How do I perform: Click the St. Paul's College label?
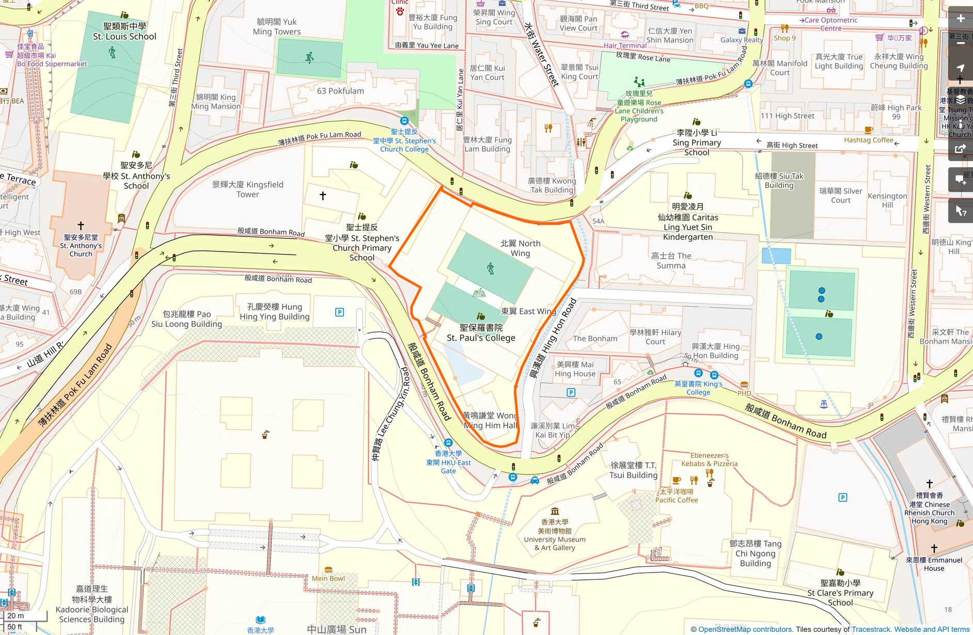click(x=481, y=333)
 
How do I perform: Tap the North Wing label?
click(x=520, y=248)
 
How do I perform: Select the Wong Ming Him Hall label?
click(x=490, y=420)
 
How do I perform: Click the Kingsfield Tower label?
click(x=248, y=189)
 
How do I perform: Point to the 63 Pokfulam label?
click(x=340, y=91)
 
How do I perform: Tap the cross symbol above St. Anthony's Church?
click(x=81, y=226)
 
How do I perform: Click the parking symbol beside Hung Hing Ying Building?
click(x=339, y=312)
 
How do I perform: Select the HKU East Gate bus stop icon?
click(x=448, y=442)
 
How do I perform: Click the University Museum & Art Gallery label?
click(x=555, y=535)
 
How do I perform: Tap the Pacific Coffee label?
click(x=677, y=496)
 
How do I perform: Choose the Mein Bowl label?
click(x=328, y=578)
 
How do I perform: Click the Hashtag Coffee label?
click(x=869, y=140)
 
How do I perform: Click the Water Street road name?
click(x=542, y=54)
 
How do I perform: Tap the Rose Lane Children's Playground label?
click(x=639, y=106)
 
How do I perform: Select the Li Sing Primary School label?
click(x=697, y=142)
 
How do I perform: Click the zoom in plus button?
click(x=960, y=19)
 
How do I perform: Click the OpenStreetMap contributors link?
click(x=745, y=629)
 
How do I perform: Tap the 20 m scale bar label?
click(x=15, y=616)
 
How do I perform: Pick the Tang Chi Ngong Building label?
click(x=755, y=553)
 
